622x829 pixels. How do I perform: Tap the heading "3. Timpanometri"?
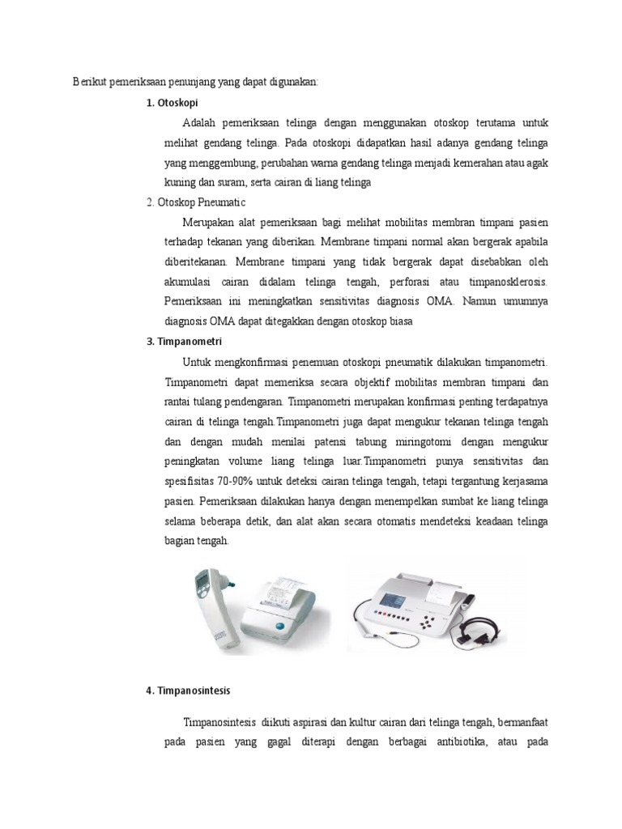click(184, 341)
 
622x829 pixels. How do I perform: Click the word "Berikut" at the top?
click(89, 82)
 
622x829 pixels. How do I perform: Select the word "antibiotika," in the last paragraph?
click(454, 742)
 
